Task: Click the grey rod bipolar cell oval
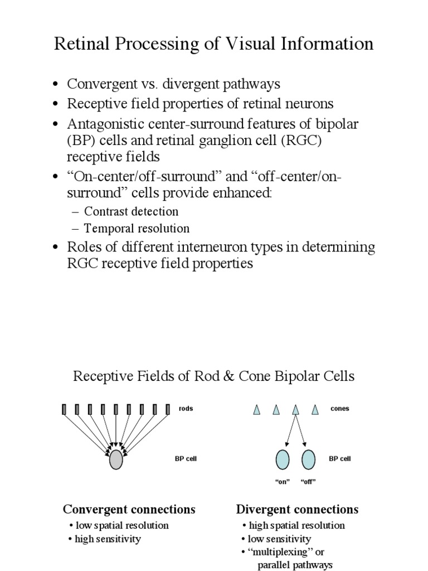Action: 115,459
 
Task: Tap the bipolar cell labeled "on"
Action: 283,459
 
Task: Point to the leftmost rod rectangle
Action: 65,410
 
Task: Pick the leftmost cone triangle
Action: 256,410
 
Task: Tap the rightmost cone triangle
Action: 315,410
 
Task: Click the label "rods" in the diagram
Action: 186,409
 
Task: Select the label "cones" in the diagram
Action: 339,409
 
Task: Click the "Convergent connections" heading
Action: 129,509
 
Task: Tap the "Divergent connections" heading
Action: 297,509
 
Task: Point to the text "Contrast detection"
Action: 132,212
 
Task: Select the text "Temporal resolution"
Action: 137,229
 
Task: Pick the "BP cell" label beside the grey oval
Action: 186,459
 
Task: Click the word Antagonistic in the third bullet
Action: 104,124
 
